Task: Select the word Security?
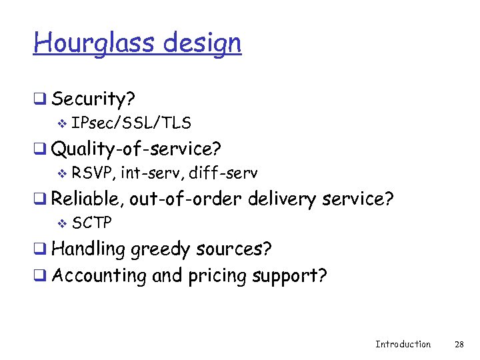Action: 93,99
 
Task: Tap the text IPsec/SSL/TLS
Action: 131,123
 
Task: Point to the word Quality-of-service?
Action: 136,147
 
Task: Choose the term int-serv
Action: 152,173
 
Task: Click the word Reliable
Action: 87,199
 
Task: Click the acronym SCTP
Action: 92,222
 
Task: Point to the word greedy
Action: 161,250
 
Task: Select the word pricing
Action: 216,276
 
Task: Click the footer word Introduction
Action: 403,344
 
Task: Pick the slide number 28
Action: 459,344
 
